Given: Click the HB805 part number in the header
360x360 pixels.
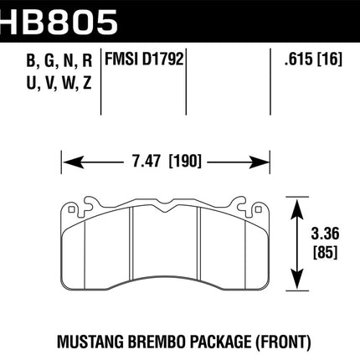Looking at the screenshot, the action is tap(58, 23).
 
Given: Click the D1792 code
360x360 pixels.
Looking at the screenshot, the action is tap(163, 59).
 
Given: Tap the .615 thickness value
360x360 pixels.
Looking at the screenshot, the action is tap(299, 59).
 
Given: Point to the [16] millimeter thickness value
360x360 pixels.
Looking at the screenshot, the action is tap(330, 59).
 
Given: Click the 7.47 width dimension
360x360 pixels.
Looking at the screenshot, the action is tap(147, 162).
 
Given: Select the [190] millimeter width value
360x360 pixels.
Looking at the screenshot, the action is tap(185, 162).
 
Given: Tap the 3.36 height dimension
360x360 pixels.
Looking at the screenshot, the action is tap(325, 234).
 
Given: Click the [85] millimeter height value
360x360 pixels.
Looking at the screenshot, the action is tap(325, 252).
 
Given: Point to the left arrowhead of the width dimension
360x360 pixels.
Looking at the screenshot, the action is tap(73, 162).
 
